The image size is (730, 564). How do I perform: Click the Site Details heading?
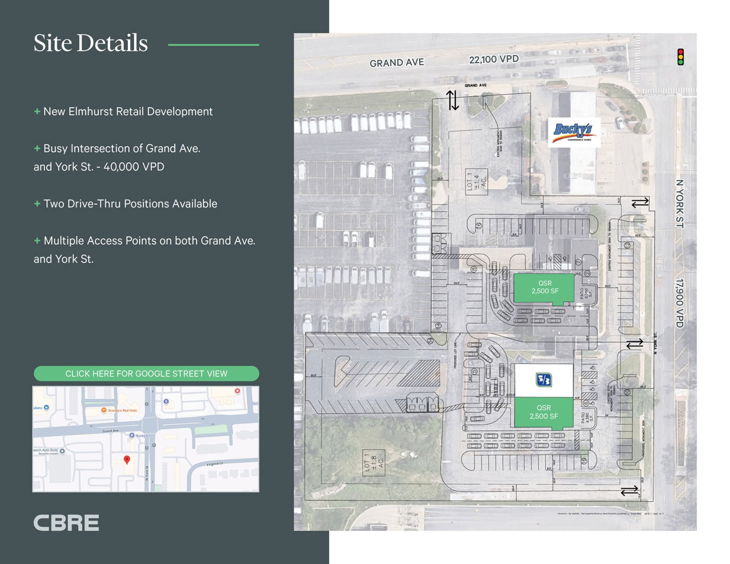click(90, 43)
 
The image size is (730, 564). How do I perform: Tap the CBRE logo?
click(66, 523)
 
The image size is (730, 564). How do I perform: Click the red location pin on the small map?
click(127, 460)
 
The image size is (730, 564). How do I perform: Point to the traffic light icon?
click(680, 57)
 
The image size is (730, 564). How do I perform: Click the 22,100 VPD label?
click(494, 59)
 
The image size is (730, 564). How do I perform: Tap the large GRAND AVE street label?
click(396, 63)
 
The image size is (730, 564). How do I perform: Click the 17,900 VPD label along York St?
click(680, 303)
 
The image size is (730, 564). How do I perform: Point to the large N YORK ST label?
click(680, 204)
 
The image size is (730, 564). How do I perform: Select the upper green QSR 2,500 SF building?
click(544, 287)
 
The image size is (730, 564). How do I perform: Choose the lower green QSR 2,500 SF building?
click(543, 412)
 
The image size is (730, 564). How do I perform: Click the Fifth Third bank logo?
click(543, 380)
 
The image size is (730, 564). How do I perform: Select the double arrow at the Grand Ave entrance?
click(452, 100)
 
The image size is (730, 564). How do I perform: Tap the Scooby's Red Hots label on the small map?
click(121, 410)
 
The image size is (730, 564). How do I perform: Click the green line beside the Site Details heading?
click(214, 45)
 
